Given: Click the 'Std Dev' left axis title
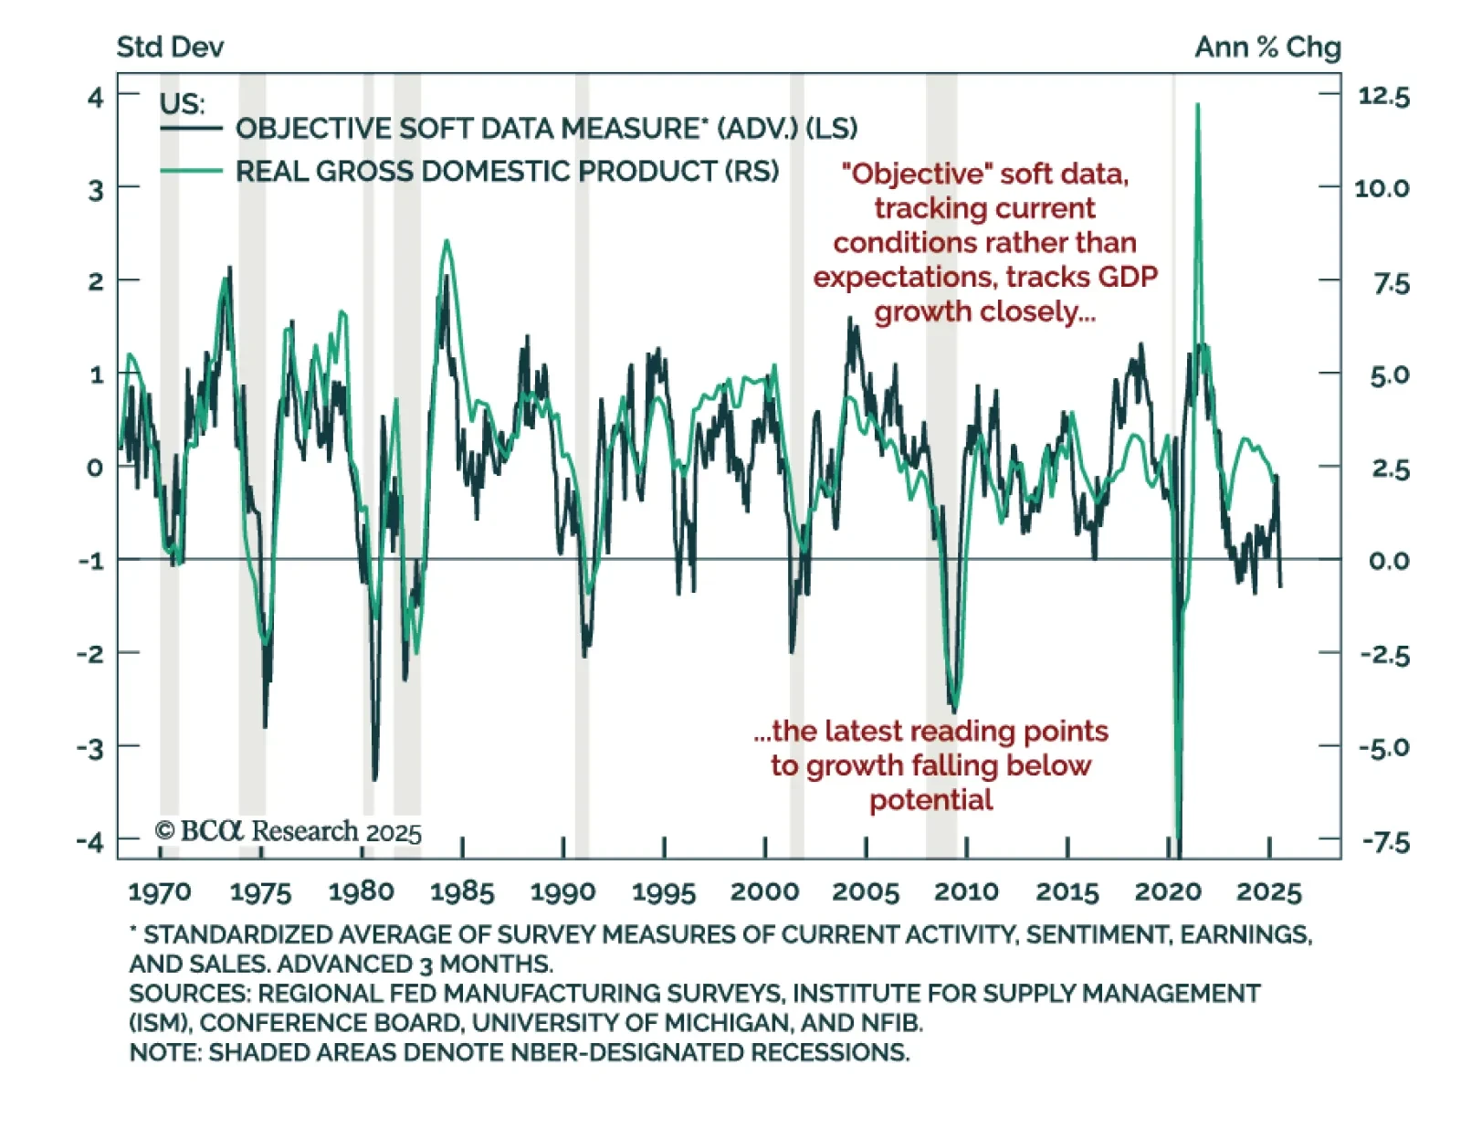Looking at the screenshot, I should pyautogui.click(x=170, y=47).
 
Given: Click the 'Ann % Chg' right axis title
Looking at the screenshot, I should pyautogui.click(x=1267, y=47).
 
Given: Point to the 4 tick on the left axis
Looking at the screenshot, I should pyautogui.click(x=95, y=97).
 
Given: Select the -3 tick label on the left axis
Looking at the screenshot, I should pyautogui.click(x=90, y=748).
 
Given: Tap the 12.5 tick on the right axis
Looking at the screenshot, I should pyautogui.click(x=1383, y=97).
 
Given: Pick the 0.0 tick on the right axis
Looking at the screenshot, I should pyautogui.click(x=1388, y=561).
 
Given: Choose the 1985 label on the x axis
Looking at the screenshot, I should pyautogui.click(x=462, y=891).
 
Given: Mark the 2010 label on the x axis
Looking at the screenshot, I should pyautogui.click(x=966, y=891).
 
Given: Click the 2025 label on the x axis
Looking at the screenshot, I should pyautogui.click(x=1268, y=891).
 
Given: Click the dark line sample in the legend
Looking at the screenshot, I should pyautogui.click(x=191, y=129).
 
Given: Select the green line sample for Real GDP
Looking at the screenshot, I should pyautogui.click(x=191, y=171).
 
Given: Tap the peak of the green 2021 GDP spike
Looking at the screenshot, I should pyautogui.click(x=1197, y=105).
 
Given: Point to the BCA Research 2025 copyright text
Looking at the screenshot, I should pyautogui.click(x=289, y=831).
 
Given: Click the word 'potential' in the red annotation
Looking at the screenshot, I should pyautogui.click(x=930, y=800).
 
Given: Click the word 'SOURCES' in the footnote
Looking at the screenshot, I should pyautogui.click(x=189, y=993).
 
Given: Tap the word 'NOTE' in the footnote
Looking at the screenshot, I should pyautogui.click(x=163, y=1052).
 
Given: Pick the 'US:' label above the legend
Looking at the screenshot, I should pyautogui.click(x=182, y=103).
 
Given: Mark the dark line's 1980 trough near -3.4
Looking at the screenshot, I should pyautogui.click(x=374, y=779).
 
